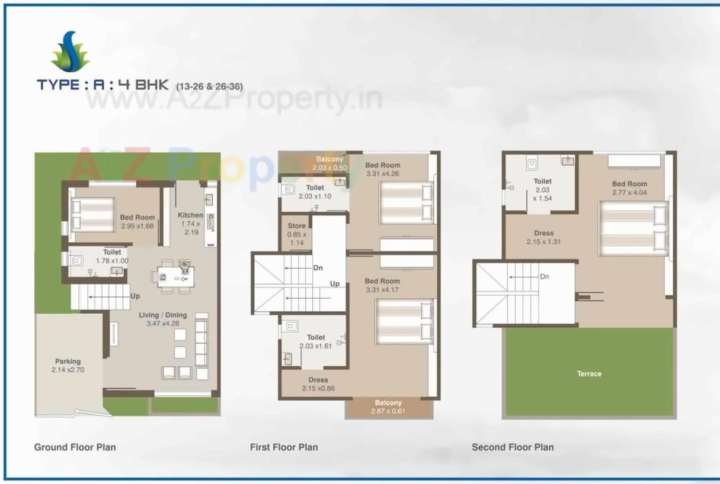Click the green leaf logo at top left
coord(70,52)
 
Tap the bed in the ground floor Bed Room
coord(93,214)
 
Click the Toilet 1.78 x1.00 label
coord(112,256)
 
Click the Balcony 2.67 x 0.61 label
coord(388,407)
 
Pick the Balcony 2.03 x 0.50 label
coord(329,163)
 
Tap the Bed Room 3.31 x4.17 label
coord(382,285)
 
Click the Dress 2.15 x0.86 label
coord(318,384)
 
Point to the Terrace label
coord(589,374)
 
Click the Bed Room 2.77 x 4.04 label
coord(629,188)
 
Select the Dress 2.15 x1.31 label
coord(543,237)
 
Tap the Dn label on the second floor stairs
coord(545,276)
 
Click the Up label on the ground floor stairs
coord(135,296)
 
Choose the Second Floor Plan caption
coord(513,447)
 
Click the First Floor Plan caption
coord(284,447)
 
